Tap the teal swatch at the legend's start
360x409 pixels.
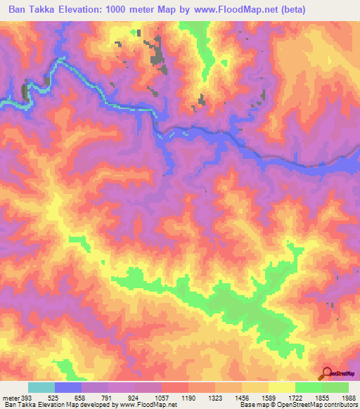coord(41,387)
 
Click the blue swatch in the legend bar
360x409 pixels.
coord(68,387)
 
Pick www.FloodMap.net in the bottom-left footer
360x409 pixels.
coord(143,405)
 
